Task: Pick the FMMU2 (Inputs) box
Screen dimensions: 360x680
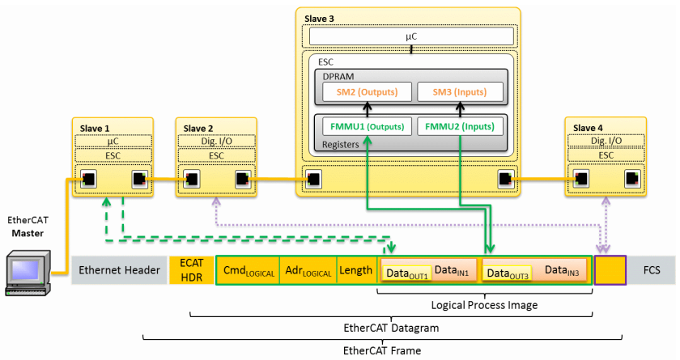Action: pos(459,127)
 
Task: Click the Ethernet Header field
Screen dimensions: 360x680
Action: pos(119,270)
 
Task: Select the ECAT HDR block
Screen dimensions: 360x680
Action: pos(191,270)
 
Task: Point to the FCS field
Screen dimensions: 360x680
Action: pos(652,270)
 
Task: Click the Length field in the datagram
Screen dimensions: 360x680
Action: pos(355,270)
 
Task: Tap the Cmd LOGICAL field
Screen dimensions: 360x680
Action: pos(247,270)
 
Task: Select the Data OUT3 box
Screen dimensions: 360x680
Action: pos(508,273)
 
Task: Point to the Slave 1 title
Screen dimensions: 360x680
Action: pos(96,128)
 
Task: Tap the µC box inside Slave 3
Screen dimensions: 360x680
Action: pos(411,37)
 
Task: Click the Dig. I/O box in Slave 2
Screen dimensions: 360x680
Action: pos(216,141)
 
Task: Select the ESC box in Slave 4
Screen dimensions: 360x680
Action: pos(606,155)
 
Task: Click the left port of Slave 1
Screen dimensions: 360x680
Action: pos(89,179)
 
